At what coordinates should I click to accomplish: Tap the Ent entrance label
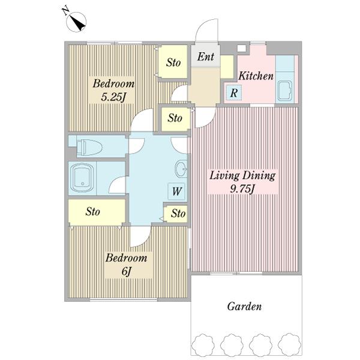click(205, 56)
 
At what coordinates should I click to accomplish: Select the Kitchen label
click(256, 76)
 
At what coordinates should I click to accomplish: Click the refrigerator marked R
click(234, 92)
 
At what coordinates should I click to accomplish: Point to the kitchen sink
click(284, 91)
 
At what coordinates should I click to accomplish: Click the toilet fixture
click(89, 146)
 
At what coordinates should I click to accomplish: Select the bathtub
click(82, 178)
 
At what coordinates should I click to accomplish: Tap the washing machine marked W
click(176, 191)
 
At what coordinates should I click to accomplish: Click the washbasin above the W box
click(181, 169)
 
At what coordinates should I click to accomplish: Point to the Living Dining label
click(242, 176)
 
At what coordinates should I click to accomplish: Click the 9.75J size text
click(242, 189)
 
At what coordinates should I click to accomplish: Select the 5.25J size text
click(113, 97)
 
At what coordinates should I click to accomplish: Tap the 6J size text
click(126, 272)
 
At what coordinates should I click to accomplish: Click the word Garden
click(244, 306)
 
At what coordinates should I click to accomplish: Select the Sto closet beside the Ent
click(173, 62)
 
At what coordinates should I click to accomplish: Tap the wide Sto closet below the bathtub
click(97, 211)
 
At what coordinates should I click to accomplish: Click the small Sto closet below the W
click(177, 214)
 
